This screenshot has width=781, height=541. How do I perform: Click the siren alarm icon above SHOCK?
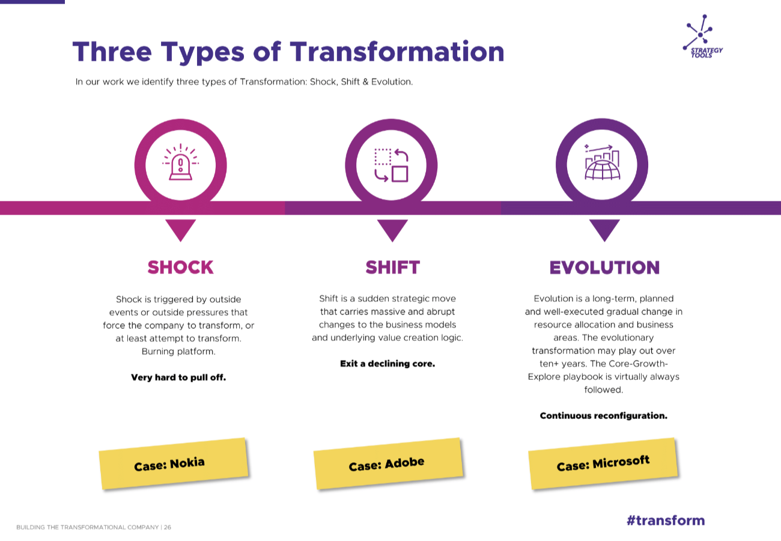pyautogui.click(x=181, y=162)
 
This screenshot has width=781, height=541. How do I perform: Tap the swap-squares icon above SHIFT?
pyautogui.click(x=391, y=165)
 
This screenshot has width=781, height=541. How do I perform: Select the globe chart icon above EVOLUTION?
pyautogui.click(x=602, y=162)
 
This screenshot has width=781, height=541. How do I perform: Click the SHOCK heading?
pyautogui.click(x=180, y=267)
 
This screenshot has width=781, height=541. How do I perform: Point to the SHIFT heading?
pyautogui.click(x=392, y=267)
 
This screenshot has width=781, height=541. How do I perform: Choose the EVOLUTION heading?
pyautogui.click(x=604, y=267)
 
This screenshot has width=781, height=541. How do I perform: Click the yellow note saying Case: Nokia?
pyautogui.click(x=174, y=463)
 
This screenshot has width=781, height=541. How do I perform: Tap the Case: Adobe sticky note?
pyautogui.click(x=388, y=463)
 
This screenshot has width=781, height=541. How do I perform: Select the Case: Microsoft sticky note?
pyautogui.click(x=603, y=463)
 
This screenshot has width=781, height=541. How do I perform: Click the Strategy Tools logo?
pyautogui.click(x=702, y=37)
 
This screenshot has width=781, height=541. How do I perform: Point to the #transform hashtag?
pyautogui.click(x=666, y=520)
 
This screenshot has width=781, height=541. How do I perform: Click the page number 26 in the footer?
pyautogui.click(x=168, y=527)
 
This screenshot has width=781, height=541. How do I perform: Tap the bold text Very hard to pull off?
pyautogui.click(x=178, y=377)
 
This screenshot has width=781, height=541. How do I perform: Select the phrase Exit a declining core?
pyautogui.click(x=387, y=364)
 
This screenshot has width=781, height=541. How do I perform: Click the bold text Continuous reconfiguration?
pyautogui.click(x=604, y=416)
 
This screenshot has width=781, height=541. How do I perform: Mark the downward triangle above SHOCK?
pyautogui.click(x=181, y=230)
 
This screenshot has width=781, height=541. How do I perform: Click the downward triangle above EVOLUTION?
pyautogui.click(x=604, y=230)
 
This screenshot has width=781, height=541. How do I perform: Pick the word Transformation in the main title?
pyautogui.click(x=397, y=52)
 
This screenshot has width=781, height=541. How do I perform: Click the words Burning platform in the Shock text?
pyautogui.click(x=178, y=351)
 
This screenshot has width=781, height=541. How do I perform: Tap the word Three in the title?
pyautogui.click(x=112, y=52)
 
